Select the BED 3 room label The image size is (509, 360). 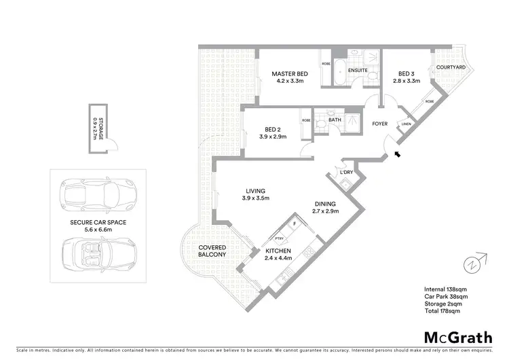[407, 74]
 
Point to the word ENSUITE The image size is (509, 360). [358, 69]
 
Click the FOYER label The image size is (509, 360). [379, 124]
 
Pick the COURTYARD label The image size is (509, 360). [450, 67]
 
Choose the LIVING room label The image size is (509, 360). [256, 191]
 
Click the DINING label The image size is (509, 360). [326, 203]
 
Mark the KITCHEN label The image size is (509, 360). [278, 251]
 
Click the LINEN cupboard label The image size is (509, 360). [406, 124]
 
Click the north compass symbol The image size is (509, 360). [477, 261]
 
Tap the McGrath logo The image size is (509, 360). [457, 337]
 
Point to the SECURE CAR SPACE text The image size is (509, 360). [98, 222]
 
